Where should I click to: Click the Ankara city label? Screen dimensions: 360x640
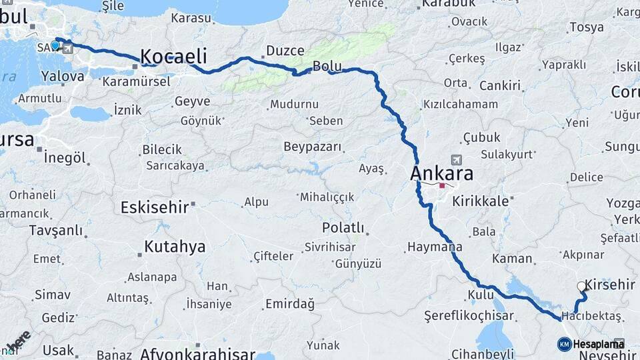click(442, 174)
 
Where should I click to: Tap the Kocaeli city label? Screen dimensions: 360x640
click(173, 56)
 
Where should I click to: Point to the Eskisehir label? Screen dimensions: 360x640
click(154, 207)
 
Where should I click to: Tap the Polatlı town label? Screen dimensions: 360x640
click(343, 227)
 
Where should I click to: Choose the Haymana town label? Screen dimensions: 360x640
click(433, 247)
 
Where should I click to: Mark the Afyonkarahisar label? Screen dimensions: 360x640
click(197, 354)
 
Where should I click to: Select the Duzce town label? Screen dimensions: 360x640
click(285, 51)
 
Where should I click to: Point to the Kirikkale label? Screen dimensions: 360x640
click(480, 200)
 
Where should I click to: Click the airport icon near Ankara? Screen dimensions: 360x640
click(456, 160)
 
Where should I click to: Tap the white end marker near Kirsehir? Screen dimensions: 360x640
click(581, 287)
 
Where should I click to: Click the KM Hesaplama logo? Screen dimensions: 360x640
click(591, 344)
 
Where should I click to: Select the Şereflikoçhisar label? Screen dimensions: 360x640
click(469, 315)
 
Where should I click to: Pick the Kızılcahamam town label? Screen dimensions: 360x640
click(460, 105)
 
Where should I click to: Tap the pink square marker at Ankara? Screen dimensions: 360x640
click(441, 186)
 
